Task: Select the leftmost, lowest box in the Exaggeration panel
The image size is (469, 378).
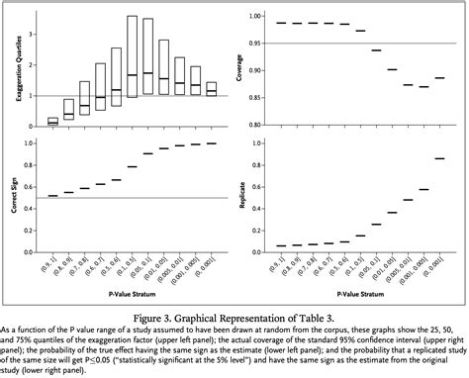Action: coord(52,121)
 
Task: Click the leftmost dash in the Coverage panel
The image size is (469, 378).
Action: coord(281,23)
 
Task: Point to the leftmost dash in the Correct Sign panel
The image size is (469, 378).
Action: coord(52,196)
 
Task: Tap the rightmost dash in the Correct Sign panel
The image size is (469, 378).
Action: coord(210,143)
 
